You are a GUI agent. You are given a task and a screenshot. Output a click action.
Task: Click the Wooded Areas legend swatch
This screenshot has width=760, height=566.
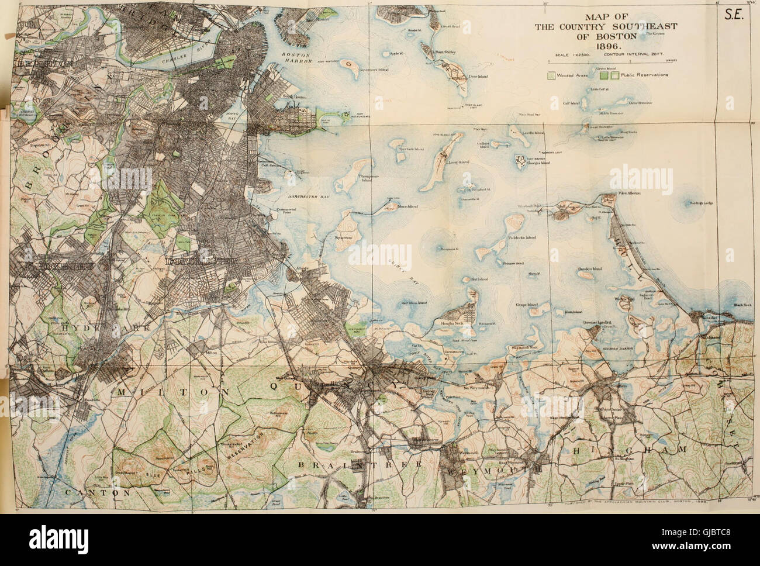[551, 75]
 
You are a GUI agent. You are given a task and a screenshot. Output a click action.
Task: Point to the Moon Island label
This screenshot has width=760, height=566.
[405, 207]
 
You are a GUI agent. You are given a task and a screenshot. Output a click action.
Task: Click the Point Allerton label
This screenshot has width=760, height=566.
[626, 193]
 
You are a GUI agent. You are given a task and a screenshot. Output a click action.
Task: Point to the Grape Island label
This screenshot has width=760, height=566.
[534, 303]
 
